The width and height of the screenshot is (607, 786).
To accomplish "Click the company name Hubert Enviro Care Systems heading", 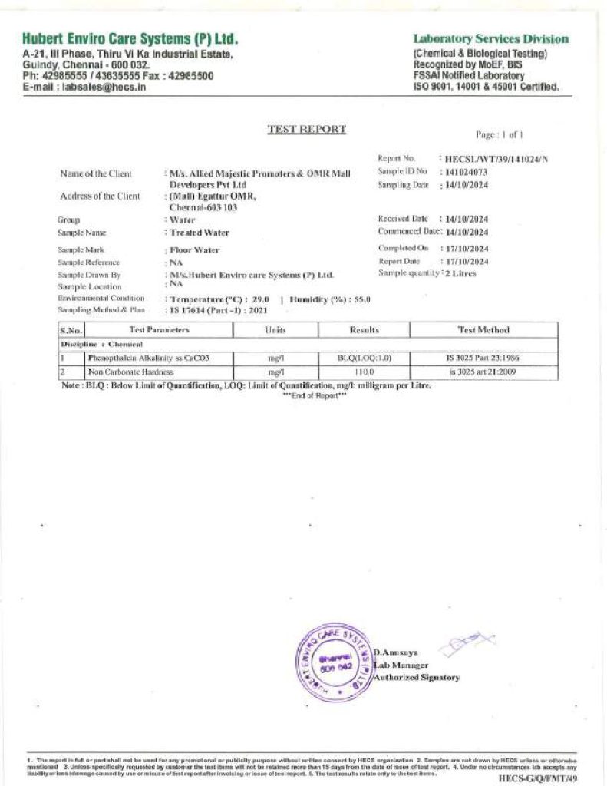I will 130,39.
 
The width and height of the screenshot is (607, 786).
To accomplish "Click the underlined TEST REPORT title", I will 306,129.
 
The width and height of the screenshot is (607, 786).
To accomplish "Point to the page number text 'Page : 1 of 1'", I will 499,135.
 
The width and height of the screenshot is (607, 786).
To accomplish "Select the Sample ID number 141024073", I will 467,172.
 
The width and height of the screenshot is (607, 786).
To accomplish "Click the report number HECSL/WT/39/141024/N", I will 497,159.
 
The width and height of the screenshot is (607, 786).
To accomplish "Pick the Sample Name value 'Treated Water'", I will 200,233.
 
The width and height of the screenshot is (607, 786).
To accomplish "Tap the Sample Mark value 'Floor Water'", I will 195,250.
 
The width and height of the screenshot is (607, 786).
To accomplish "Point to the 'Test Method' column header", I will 483,330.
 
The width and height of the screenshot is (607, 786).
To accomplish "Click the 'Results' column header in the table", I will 364,330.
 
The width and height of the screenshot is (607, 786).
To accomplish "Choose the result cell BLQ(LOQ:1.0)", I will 364,358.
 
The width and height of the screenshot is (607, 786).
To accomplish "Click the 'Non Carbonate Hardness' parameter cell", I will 125,372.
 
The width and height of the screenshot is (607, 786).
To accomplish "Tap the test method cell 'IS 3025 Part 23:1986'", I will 483,358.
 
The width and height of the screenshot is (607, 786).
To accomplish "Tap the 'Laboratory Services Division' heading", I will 491,39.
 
